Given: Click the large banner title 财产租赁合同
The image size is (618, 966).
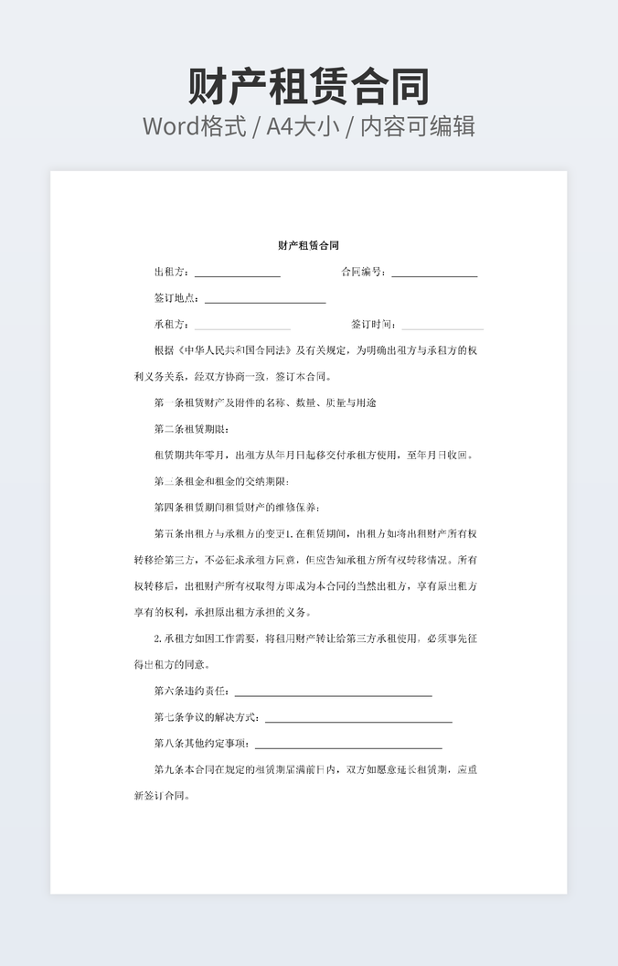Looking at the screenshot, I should coord(309,87).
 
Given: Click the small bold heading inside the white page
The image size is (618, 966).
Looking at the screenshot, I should coord(309,245).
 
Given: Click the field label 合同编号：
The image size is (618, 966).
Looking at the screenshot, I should coord(363,273).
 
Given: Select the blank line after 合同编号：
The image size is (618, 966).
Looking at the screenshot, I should coord(434,274).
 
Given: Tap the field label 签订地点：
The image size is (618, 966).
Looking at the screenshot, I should coord(177,298).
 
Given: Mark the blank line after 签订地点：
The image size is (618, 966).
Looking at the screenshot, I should coord(265,301).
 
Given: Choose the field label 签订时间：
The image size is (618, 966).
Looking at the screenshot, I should coord(373,324).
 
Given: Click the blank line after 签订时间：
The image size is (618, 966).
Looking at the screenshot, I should coord(442,327).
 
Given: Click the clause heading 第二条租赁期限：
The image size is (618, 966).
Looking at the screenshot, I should coord(192,429).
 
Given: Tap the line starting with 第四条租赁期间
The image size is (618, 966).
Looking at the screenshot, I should coord(237,507).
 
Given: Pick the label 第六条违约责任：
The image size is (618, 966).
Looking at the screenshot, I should coord(192,692).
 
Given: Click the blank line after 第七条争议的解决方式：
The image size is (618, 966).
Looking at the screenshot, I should coord(358,720).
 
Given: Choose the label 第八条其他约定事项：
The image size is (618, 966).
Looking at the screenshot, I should coord(202,744).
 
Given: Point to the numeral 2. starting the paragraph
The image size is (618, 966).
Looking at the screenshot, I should coord(158,639).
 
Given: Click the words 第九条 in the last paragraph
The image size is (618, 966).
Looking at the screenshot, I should coord(169,769).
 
